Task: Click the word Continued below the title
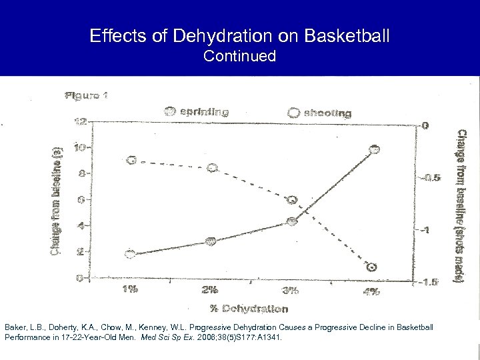239,57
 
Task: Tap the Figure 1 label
86,95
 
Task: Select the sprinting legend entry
198,112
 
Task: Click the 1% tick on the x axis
130,289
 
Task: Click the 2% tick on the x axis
210,289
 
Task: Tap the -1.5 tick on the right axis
429,282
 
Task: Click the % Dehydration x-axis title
249,308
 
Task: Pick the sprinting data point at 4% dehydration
374,149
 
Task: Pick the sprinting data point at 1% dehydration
131,253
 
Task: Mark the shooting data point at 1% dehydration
131,160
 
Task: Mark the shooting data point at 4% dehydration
371,267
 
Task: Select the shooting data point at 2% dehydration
212,168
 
